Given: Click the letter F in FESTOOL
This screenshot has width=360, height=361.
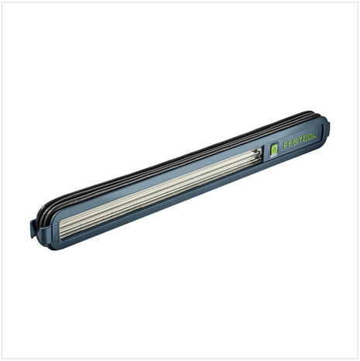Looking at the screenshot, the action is tap(286, 145).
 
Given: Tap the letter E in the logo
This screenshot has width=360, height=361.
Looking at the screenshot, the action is tap(290, 143).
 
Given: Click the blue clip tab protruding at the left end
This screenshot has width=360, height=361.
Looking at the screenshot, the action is tap(33, 229).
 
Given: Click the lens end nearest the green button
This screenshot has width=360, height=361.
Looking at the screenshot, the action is tap(259, 156).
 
